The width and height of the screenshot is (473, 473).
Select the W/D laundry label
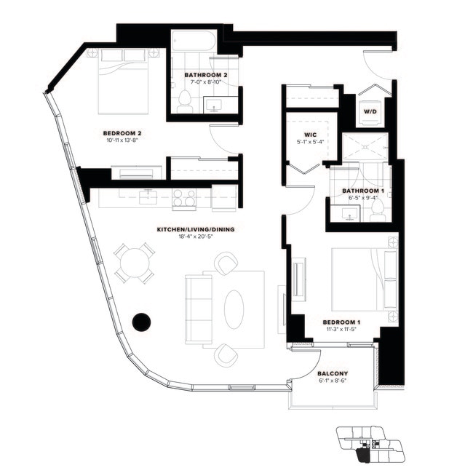pos(370,111)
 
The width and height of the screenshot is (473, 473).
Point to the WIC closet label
pos(309,135)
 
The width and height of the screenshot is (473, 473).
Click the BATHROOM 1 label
pos(363,191)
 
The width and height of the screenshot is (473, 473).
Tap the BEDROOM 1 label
pos(341,322)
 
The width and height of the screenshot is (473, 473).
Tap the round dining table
pos(135,263)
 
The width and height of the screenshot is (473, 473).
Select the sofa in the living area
pos(196,310)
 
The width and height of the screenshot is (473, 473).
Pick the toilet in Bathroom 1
pos(377,212)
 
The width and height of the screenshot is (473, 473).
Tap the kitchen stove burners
pos(184,196)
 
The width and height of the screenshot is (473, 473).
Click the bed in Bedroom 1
pos(364,280)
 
